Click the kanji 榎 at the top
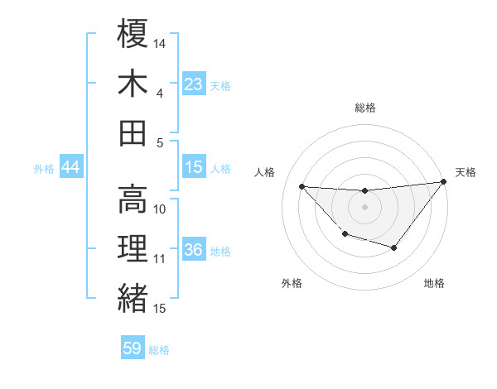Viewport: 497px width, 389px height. (133, 35)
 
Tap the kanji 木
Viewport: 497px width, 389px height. (133, 84)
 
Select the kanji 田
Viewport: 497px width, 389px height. (133, 132)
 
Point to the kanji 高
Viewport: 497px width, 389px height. (133, 199)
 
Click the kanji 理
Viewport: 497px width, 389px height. (133, 248)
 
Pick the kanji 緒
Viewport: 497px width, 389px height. (133, 297)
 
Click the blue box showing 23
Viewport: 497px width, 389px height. (194, 84)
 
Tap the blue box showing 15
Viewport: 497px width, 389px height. (194, 167)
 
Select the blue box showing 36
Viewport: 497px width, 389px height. (194, 250)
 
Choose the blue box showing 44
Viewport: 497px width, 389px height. (70, 168)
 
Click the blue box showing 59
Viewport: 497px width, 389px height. (133, 348)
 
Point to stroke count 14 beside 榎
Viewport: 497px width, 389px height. (160, 42)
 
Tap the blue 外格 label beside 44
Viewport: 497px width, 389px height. (44, 169)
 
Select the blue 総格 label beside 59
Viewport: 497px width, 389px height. (159, 350)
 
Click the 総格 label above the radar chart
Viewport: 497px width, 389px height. (364, 108)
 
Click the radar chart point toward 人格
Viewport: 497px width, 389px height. (302, 186)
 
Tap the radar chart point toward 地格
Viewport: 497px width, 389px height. (394, 247)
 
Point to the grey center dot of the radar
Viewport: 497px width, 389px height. (364, 207)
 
